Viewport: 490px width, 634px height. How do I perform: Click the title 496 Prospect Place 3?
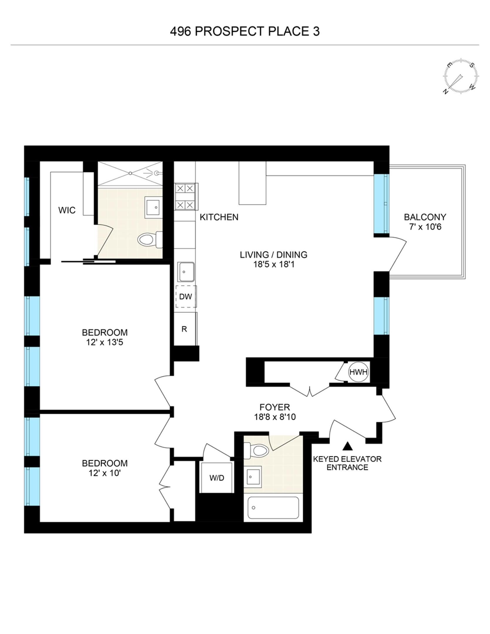click(x=245, y=31)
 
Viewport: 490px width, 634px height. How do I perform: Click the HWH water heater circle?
click(x=358, y=372)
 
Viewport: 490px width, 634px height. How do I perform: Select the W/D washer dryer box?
click(x=217, y=478)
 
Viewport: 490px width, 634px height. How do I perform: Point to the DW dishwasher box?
click(x=186, y=296)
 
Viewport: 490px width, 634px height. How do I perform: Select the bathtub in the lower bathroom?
click(x=273, y=508)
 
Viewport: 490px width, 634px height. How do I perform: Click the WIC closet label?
click(x=67, y=210)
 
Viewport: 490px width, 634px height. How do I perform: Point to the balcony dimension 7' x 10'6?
click(x=425, y=227)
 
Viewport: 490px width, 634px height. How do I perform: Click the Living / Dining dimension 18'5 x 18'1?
click(x=274, y=264)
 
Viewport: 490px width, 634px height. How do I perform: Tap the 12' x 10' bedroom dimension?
click(x=105, y=473)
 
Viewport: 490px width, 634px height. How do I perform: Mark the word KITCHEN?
click(x=219, y=217)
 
